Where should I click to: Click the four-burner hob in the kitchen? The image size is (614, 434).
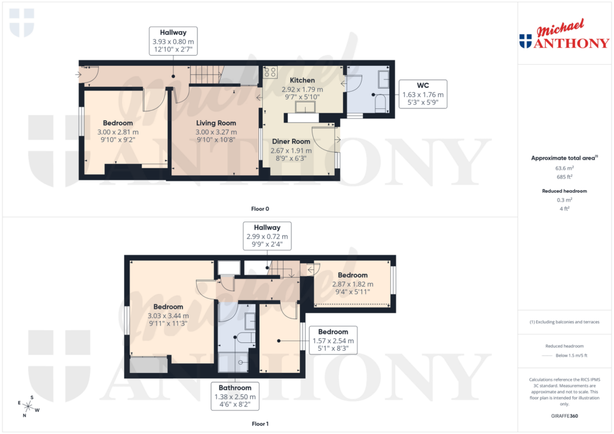(x=270, y=72)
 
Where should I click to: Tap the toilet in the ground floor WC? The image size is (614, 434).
(x=379, y=104)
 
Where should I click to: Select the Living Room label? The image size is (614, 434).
(x=216, y=123)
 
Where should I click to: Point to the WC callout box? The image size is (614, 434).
(x=423, y=94)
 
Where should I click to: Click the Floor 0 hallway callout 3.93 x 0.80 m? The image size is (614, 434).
(x=173, y=41)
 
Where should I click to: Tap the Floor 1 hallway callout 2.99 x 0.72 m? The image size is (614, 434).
(x=267, y=236)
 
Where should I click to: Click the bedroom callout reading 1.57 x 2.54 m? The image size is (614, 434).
(x=333, y=340)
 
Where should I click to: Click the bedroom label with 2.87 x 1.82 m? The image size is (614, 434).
(x=353, y=275)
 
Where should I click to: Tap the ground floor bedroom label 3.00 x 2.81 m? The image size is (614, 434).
(x=118, y=123)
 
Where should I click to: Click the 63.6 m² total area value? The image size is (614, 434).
(x=564, y=169)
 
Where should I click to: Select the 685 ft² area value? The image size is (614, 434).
(x=564, y=177)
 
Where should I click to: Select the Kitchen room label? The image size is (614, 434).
(x=302, y=80)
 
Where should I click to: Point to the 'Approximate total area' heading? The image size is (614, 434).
(x=564, y=158)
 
